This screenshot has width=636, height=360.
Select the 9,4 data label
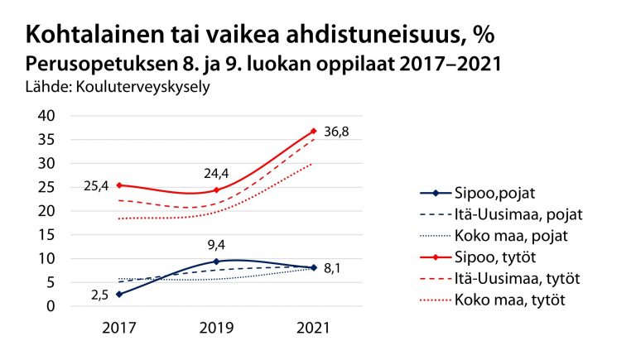(217, 244)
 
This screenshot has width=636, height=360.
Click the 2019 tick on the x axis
(217, 327)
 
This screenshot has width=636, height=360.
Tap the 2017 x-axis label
(119, 327)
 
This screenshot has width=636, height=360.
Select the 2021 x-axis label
(314, 327)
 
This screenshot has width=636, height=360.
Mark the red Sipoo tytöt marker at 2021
(314, 131)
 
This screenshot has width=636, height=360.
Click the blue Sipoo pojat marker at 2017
(119, 294)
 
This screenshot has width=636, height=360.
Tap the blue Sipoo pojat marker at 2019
(217, 262)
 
